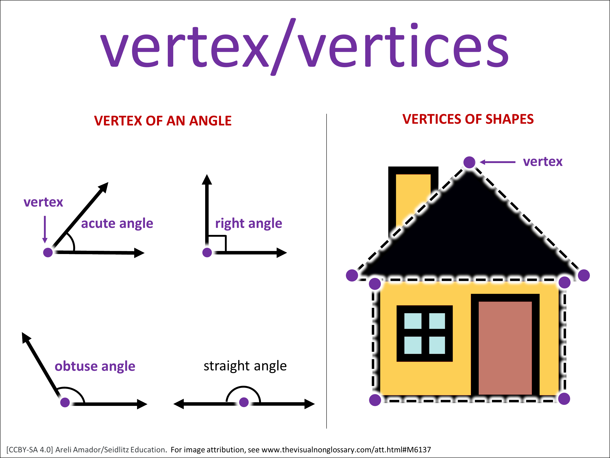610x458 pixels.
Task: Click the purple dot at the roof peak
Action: (469, 162)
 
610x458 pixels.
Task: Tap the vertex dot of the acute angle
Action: (48, 252)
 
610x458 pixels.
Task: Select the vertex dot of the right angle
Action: (207, 252)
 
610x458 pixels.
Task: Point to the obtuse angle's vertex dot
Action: (65, 402)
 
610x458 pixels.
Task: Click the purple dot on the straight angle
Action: (244, 402)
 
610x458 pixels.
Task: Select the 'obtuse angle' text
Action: (95, 366)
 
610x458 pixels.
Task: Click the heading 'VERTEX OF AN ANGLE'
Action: (163, 121)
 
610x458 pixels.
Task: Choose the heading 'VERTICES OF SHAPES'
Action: (468, 119)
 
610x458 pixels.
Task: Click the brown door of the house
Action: (505, 348)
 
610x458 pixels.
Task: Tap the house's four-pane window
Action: (425, 333)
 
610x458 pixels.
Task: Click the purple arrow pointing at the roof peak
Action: (498, 162)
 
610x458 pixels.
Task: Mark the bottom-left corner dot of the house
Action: (375, 400)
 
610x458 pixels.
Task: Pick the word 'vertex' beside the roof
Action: (543, 162)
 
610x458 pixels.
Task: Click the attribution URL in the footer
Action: (346, 450)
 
